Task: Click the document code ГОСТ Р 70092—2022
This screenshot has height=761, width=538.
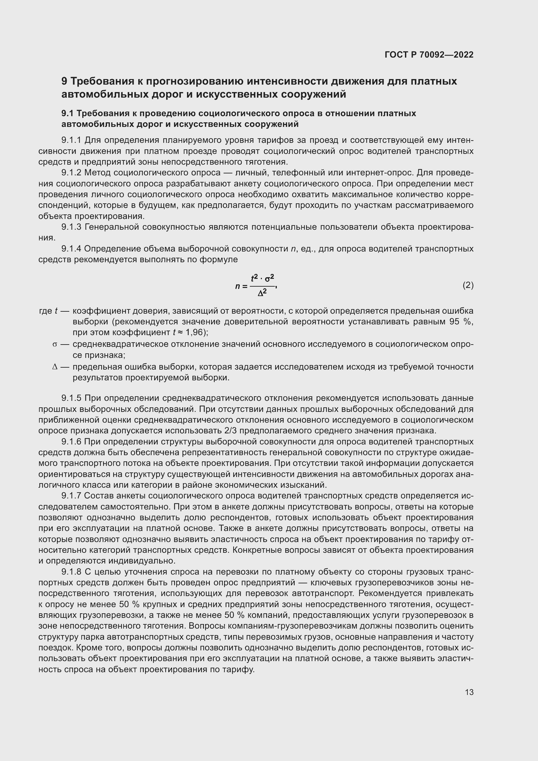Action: pyautogui.click(x=429, y=55)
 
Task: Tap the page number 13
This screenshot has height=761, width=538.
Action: pyautogui.click(x=469, y=692)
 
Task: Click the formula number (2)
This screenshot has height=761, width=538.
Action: pyautogui.click(x=468, y=285)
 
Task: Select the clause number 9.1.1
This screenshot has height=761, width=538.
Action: pyautogui.click(x=71, y=140)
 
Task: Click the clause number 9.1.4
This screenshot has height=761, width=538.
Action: pyautogui.click(x=71, y=249)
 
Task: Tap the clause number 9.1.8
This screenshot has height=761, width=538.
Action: pyautogui.click(x=71, y=572)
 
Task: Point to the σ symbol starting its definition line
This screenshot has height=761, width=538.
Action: pyautogui.click(x=55, y=344)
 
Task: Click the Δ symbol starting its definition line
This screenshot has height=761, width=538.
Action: pyautogui.click(x=55, y=367)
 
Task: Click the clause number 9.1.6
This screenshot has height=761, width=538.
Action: pyautogui.click(x=71, y=442)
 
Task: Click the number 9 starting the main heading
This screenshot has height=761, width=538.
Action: pyautogui.click(x=65, y=81)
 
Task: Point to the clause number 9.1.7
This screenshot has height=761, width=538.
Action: pyautogui.click(x=71, y=496)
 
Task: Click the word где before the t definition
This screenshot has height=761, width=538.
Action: pyautogui.click(x=46, y=311)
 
